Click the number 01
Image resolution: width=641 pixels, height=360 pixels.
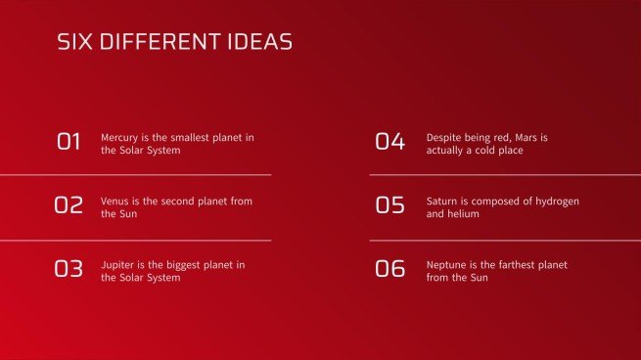coord(69,142)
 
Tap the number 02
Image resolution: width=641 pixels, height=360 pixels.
coord(69,205)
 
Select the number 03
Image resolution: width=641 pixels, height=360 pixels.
coord(69,269)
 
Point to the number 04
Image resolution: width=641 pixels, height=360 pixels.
coord(389,142)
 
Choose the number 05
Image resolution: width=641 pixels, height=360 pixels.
coord(389,205)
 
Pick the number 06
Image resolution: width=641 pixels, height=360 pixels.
coord(389,269)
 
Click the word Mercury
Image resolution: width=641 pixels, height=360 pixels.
coord(120,138)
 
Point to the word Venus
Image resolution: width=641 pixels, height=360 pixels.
coord(115,201)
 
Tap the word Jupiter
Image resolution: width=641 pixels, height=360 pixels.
coord(117,265)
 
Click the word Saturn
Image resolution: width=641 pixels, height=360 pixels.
coord(443,201)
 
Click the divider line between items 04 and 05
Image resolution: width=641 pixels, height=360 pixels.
coord(505,175)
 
